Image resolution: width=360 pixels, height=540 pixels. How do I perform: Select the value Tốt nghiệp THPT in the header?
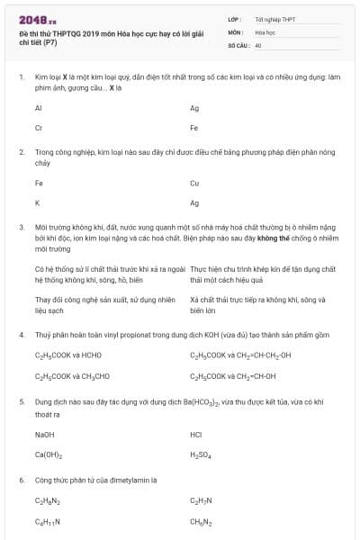(x=275, y=19)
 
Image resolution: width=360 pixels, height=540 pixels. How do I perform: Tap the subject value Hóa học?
(x=265, y=31)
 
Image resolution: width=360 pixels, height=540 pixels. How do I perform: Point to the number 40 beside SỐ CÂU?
(x=258, y=44)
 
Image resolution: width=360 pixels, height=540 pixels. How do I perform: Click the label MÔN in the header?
(x=235, y=31)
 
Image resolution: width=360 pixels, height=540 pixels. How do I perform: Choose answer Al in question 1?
(x=38, y=108)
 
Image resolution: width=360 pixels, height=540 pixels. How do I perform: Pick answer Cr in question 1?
(x=38, y=128)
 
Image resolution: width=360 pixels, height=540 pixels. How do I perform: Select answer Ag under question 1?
(x=194, y=108)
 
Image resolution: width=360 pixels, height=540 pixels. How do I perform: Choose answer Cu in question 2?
(x=194, y=183)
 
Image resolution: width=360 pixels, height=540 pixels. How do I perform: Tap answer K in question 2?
(x=37, y=202)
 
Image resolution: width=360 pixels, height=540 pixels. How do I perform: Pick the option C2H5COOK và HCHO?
(x=68, y=355)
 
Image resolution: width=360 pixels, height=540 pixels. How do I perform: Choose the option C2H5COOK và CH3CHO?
(x=72, y=374)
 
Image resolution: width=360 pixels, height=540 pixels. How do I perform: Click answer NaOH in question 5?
(x=44, y=434)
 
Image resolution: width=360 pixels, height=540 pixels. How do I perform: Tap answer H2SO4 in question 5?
(x=201, y=454)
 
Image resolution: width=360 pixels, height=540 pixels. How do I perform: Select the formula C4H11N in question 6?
(x=47, y=522)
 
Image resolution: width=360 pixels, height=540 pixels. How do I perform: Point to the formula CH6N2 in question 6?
(x=201, y=522)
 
